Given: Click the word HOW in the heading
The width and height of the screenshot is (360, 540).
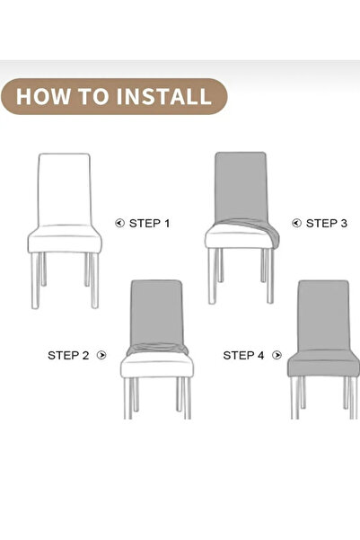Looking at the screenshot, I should pyautogui.click(x=43, y=96).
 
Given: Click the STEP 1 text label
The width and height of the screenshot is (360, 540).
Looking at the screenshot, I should pyautogui.click(x=149, y=223).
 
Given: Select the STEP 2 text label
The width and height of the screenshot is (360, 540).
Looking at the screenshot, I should pyautogui.click(x=68, y=355).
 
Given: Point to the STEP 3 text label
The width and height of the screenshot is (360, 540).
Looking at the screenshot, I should pyautogui.click(x=326, y=223).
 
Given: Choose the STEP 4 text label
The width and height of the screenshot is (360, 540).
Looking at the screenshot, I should pyautogui.click(x=243, y=355).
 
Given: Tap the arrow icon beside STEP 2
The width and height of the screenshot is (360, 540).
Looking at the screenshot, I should pyautogui.click(x=101, y=355).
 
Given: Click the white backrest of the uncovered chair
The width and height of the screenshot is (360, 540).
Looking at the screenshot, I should pyautogui.click(x=64, y=189).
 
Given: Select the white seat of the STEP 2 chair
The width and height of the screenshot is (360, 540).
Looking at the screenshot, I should pyautogui.click(x=156, y=364).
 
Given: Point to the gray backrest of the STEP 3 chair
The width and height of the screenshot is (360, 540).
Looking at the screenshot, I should pyautogui.click(x=241, y=184).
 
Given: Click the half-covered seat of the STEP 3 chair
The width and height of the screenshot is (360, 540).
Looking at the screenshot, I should pyautogui.click(x=241, y=236).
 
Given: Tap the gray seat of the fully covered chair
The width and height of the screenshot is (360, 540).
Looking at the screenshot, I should pyautogui.click(x=322, y=364).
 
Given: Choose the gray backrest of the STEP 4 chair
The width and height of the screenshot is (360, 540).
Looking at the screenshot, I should pyautogui.click(x=322, y=314).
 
